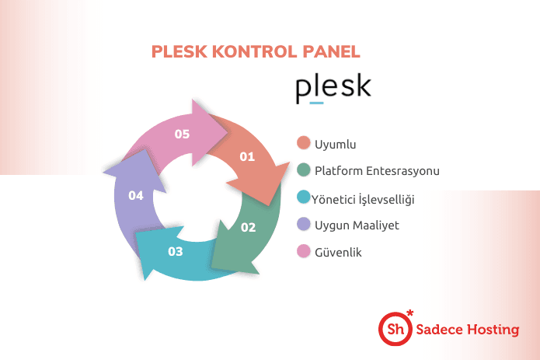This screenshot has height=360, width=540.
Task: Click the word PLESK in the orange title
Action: [x=179, y=51]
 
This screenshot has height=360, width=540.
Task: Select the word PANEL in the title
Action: [x=331, y=51]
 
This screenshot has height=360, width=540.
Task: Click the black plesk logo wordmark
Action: [x=333, y=87]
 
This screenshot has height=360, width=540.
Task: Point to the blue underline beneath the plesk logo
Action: [x=316, y=103]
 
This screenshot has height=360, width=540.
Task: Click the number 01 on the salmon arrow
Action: [x=247, y=157]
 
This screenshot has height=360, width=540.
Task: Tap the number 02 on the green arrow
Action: [x=249, y=227]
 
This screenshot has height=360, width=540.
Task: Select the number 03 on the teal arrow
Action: [x=176, y=252]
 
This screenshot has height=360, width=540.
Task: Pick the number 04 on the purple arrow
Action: [x=136, y=196]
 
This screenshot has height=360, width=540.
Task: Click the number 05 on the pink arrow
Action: [x=182, y=134]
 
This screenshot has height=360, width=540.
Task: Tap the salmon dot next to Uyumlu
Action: [x=303, y=142]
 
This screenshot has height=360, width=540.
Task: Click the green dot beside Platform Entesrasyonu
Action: [x=303, y=170]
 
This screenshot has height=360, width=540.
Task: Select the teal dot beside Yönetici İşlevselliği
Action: [x=303, y=197]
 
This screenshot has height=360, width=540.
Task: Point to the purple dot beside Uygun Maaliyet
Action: [x=303, y=224]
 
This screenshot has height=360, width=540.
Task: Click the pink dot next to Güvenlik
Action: [x=303, y=251]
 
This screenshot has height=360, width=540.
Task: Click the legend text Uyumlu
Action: [x=336, y=145]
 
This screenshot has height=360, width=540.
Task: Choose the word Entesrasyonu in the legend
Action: [x=402, y=171]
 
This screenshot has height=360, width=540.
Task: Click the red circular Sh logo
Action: [x=395, y=329]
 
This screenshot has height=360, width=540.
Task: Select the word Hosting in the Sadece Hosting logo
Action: [x=493, y=330]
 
